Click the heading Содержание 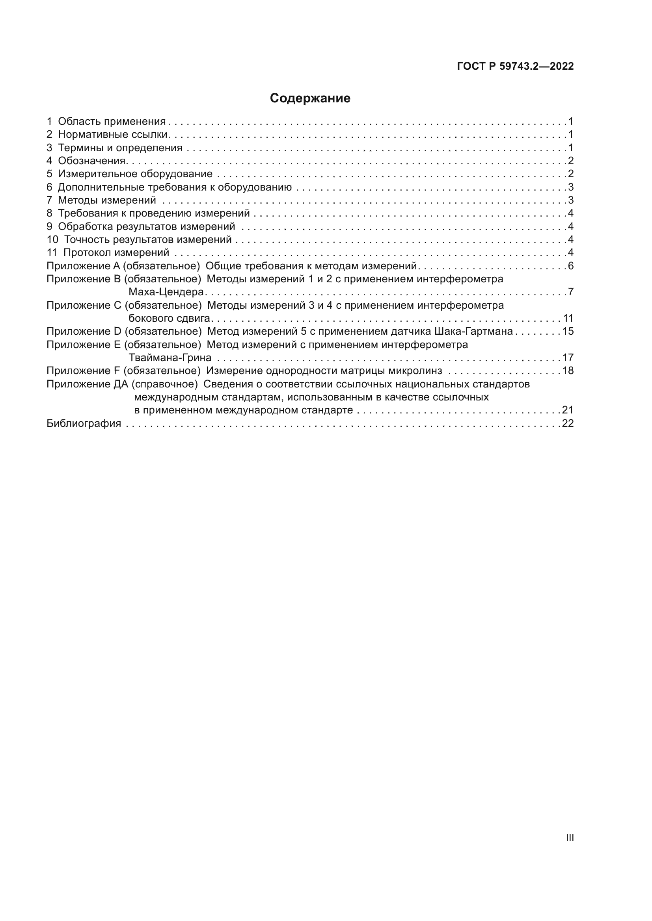[310, 98]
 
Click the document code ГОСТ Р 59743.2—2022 [515, 66]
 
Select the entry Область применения [112, 121]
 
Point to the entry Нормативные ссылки [112, 134]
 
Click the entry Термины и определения [120, 148]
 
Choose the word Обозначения [92, 161]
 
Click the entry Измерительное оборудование [135, 174]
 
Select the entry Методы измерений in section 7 [107, 200]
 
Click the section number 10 [52, 239]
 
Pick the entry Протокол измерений [116, 252]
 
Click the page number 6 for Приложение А [570, 265]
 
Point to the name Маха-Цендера [166, 292]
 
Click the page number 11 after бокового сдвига [568, 318]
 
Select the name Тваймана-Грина [170, 357]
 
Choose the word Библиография [84, 423]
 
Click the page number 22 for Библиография [568, 423]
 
